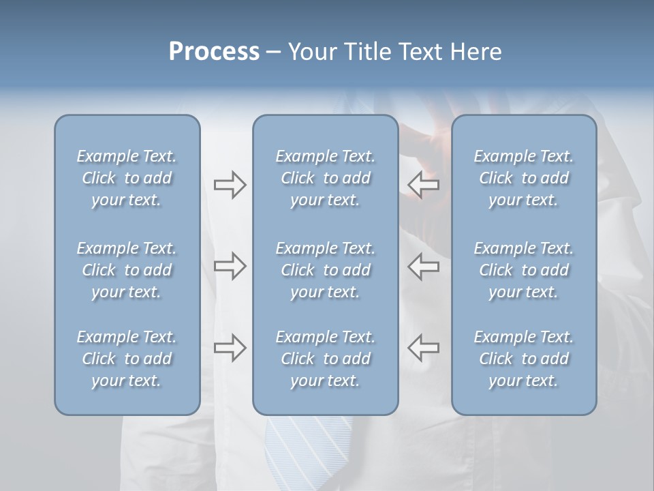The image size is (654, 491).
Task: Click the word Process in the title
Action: (214, 52)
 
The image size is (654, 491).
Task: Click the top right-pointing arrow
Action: (230, 185)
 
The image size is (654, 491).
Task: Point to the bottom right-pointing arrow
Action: (230, 348)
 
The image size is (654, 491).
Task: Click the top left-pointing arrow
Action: (424, 185)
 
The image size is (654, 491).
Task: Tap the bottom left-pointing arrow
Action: (424, 348)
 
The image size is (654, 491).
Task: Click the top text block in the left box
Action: (127, 178)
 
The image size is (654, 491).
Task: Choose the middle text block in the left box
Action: (127, 270)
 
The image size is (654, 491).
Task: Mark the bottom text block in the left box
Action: (127, 359)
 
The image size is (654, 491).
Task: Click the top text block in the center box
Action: (325, 178)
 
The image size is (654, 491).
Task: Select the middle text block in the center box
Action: (325, 270)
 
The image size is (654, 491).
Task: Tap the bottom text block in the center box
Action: (325, 359)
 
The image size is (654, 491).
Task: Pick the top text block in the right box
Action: (523, 178)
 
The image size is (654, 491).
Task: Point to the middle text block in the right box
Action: (523, 270)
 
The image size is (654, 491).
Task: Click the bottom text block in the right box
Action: (523, 359)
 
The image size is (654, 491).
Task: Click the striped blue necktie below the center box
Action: (300, 450)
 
